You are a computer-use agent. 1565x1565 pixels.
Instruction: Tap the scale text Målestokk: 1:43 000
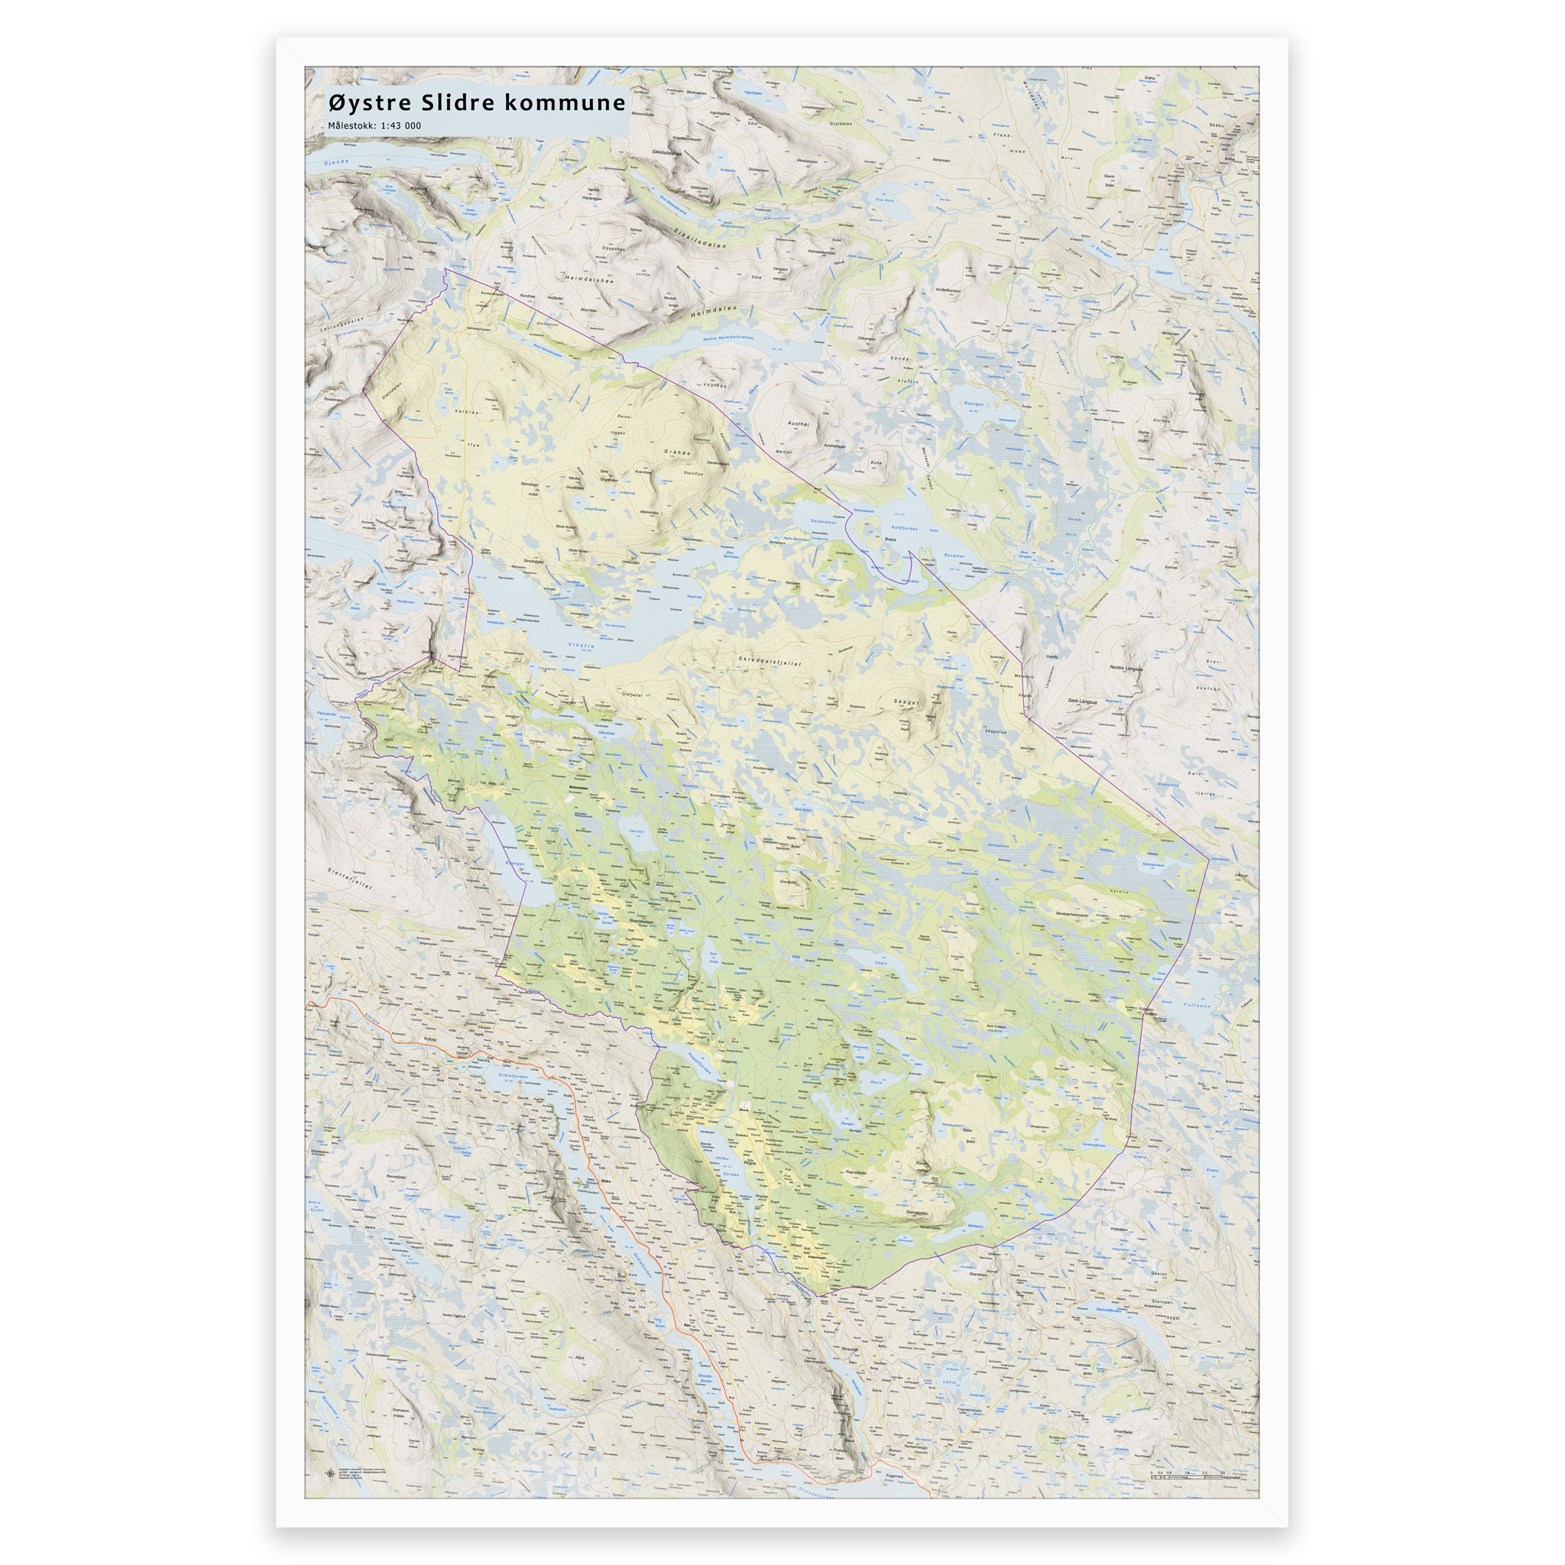click(x=374, y=126)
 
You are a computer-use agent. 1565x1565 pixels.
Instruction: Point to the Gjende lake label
click(x=335, y=163)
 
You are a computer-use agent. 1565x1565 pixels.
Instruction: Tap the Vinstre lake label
click(x=581, y=646)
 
